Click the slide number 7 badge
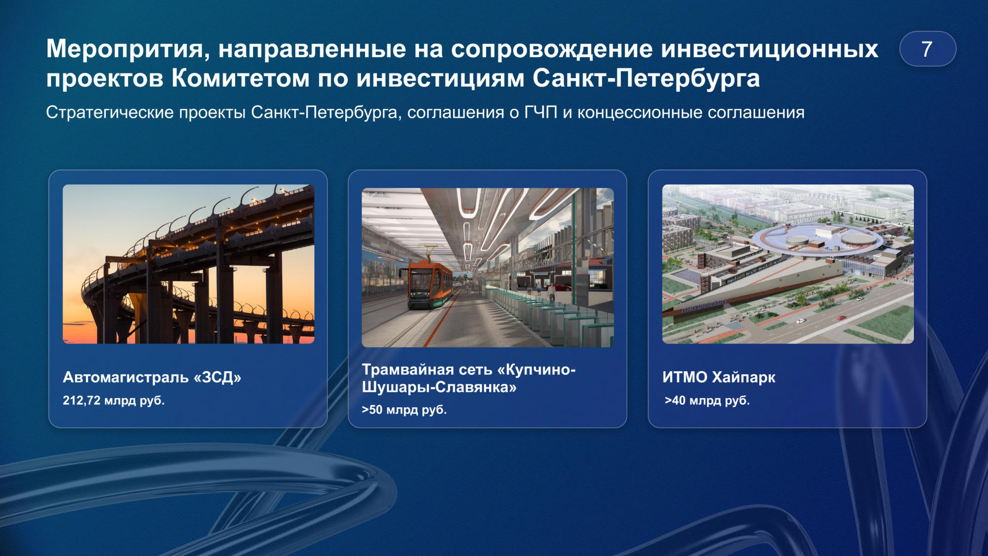[927, 49]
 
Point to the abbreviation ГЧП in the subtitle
[540, 113]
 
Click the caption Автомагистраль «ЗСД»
[152, 378]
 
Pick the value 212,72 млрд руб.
[114, 400]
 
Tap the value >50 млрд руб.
[404, 410]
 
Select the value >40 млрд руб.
[707, 400]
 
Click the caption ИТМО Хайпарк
[719, 378]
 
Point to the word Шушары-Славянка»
[439, 387]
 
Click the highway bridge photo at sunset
[188, 264]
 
